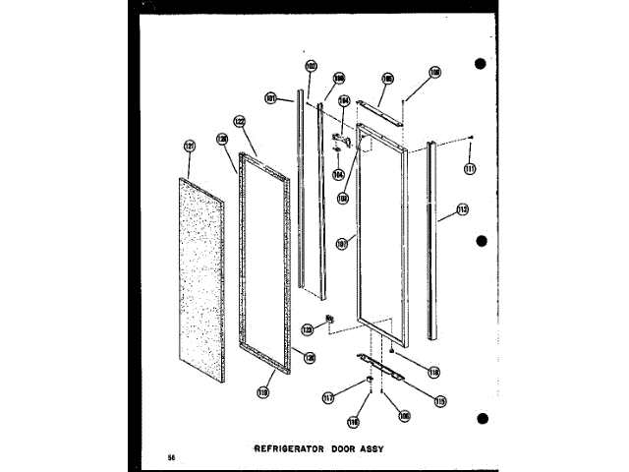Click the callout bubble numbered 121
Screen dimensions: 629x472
[x=190, y=147]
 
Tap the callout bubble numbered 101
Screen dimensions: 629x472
[x=271, y=97]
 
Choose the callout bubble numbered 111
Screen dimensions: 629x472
[x=470, y=168]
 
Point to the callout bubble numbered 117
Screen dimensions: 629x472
[x=327, y=398]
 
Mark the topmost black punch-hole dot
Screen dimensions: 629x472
[x=481, y=65]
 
